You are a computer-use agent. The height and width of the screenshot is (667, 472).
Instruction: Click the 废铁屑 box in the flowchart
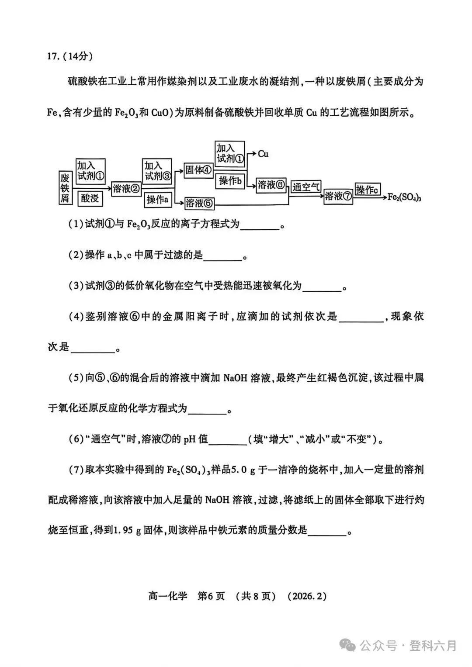click(65, 187)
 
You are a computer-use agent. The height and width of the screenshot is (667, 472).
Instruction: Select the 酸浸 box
click(90, 198)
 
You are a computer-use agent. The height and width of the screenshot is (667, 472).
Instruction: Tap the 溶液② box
click(126, 188)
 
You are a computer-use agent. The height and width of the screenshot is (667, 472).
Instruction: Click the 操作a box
click(158, 200)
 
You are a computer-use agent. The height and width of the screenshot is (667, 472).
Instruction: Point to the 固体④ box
click(198, 170)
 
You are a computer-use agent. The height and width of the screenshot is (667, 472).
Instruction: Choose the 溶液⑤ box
click(199, 203)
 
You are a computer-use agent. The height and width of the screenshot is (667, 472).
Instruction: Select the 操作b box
click(230, 181)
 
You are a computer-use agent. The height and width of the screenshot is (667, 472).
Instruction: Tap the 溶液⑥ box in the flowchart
click(271, 185)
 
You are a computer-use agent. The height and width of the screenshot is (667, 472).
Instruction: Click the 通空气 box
click(306, 187)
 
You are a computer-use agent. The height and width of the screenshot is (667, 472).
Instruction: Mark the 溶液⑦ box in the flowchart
click(338, 196)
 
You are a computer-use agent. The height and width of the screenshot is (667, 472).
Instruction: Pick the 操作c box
click(367, 189)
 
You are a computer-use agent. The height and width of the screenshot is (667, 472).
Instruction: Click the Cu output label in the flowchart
click(263, 154)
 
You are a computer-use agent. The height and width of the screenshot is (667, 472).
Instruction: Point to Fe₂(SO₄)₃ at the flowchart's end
click(404, 197)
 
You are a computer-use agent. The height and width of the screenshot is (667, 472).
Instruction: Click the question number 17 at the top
click(52, 57)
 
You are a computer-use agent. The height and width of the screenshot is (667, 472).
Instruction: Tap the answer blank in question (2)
click(222, 256)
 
